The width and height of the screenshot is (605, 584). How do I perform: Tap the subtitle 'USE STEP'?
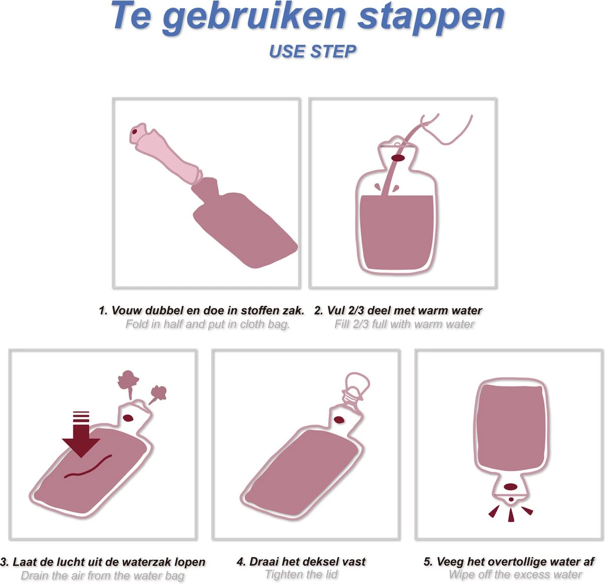point(312,51)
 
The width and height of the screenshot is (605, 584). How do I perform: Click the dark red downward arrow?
point(81,434)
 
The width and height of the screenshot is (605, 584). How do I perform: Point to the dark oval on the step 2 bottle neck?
point(398,158)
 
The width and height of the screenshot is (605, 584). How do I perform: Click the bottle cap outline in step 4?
point(356,387)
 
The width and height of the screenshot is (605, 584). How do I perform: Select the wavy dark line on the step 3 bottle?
point(88,467)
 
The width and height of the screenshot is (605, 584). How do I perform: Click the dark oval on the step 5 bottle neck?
point(511,487)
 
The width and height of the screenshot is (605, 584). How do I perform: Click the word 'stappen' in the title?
point(431,18)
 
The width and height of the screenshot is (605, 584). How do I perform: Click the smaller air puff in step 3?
point(158,394)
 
